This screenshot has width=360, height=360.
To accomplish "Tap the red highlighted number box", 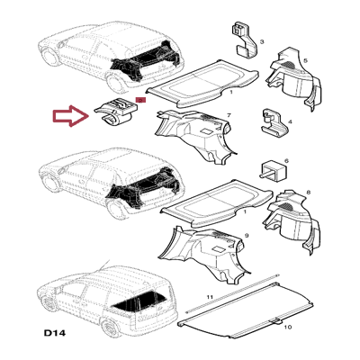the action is [140, 100].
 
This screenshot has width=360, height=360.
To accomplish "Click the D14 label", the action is [55, 333].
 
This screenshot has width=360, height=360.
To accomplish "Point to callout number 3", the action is [262, 42].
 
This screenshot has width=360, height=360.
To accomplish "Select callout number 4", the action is [290, 121].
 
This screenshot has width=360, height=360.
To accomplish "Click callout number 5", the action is [306, 61].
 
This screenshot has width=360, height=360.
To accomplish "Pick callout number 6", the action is [286, 161].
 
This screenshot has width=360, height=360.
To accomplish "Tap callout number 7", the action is [229, 115].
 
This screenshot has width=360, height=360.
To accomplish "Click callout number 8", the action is [309, 193].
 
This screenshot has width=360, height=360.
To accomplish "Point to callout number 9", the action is [247, 236].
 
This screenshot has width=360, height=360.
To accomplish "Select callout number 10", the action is [287, 327].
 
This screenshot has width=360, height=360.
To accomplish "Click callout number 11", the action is [210, 297].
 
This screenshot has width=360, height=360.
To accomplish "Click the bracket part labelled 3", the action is [245, 40].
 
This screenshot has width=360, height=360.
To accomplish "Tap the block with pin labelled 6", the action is [272, 170].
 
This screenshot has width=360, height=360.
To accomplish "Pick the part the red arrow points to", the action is [115, 111].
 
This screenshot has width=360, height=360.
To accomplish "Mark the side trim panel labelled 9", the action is [204, 255].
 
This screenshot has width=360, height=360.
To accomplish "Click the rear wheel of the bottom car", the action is [111, 328].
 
